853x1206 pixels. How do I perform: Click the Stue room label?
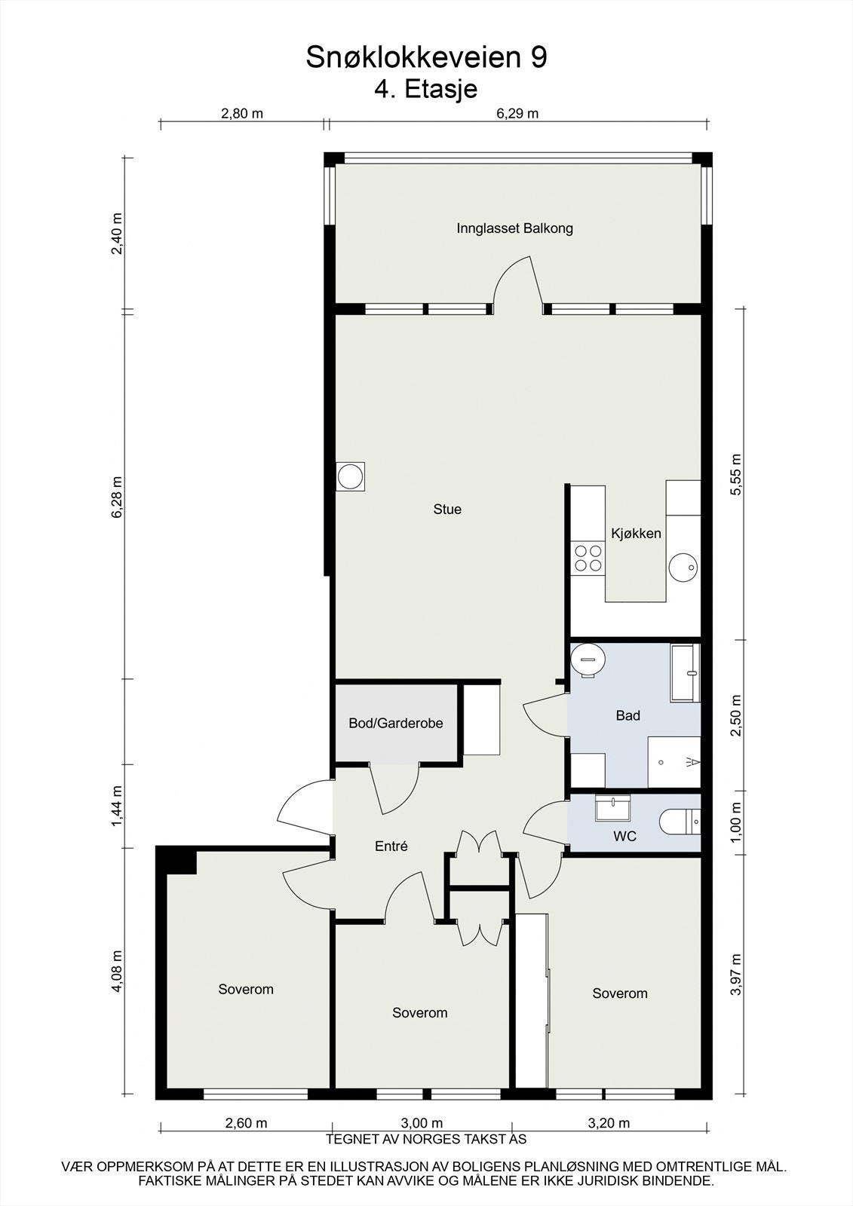click(447, 510)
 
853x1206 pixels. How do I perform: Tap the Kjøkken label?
click(636, 534)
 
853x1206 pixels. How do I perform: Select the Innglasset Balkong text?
click(514, 228)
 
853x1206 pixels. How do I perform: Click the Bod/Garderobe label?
click(395, 724)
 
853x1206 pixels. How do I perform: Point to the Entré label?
click(391, 846)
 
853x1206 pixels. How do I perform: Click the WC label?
click(624, 837)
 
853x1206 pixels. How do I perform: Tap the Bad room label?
click(627, 715)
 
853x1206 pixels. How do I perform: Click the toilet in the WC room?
click(682, 822)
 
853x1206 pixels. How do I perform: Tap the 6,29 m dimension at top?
click(517, 114)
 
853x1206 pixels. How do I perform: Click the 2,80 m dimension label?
click(241, 114)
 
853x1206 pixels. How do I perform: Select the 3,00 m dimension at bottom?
click(421, 1123)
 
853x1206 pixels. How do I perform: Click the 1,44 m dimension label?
click(117, 806)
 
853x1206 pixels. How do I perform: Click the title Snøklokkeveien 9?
click(426, 58)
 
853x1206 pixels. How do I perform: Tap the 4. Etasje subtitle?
click(426, 90)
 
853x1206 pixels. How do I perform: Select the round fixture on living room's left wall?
click(350, 476)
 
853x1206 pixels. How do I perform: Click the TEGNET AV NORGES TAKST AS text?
click(426, 1140)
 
